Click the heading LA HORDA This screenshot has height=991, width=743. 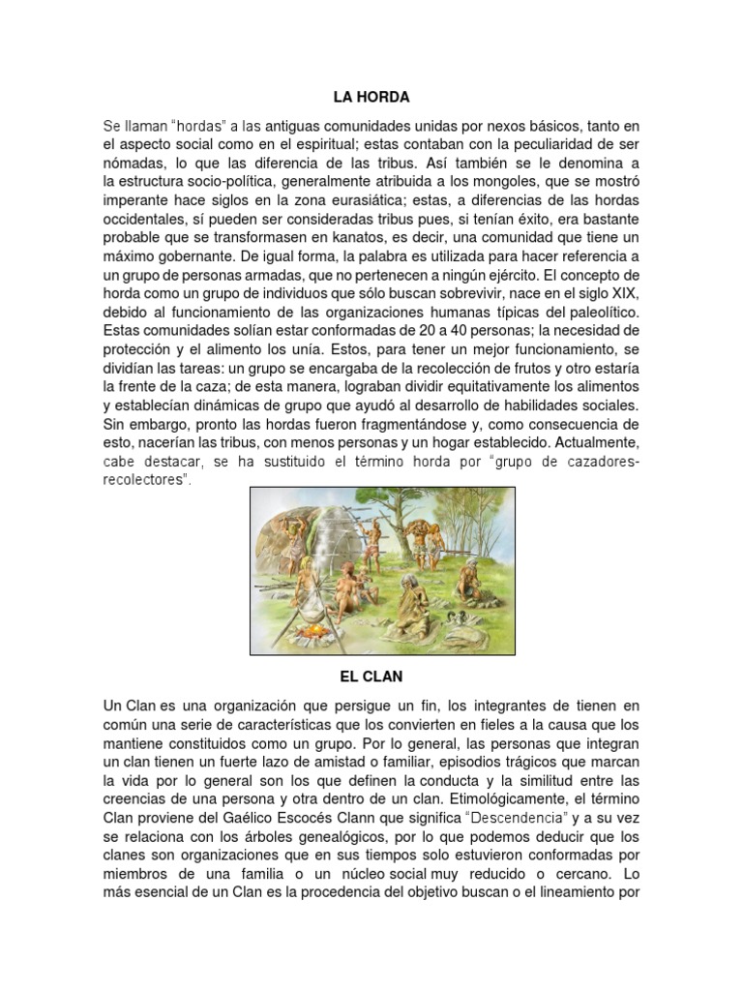(x=371, y=97)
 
